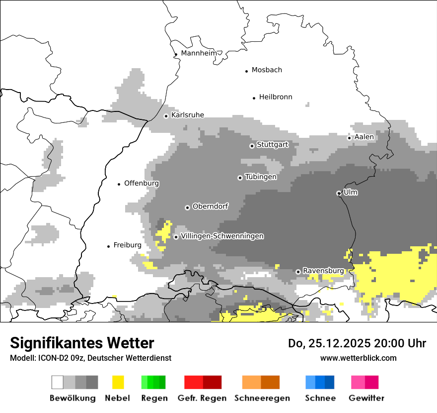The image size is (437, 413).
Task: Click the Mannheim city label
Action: [x=199, y=53]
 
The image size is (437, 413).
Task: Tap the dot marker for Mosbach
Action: [x=246, y=71]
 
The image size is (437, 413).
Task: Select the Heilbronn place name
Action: [x=276, y=97]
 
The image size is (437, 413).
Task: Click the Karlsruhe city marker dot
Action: [x=166, y=116]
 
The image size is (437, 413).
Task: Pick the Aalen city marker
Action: [x=349, y=138]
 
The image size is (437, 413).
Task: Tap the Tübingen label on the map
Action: [x=261, y=177]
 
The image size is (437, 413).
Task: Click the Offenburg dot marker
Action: [x=119, y=184]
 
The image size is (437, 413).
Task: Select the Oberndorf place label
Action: [x=210, y=206]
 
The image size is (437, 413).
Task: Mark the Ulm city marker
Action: [x=339, y=193]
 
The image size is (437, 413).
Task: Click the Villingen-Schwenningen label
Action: [x=222, y=236]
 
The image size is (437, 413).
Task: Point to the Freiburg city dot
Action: [x=108, y=246]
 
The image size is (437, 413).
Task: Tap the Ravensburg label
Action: [x=323, y=271]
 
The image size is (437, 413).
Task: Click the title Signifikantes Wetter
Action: [x=82, y=343]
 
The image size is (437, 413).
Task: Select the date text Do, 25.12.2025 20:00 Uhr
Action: [x=357, y=343]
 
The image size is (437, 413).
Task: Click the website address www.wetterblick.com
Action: [x=358, y=358]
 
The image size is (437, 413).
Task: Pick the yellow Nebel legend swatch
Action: [x=118, y=382]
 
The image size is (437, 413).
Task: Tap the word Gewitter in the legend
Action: [x=366, y=398]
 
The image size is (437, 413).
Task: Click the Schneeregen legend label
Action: [x=262, y=398]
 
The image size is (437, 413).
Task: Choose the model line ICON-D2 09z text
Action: [x=90, y=358]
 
